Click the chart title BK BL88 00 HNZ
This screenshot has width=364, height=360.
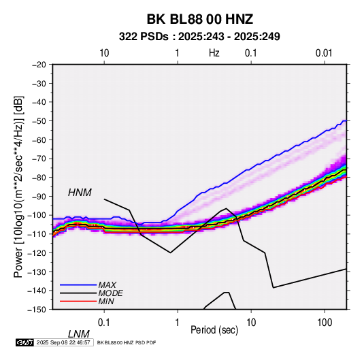pos(199,19)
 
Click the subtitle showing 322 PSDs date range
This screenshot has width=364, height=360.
pos(199,37)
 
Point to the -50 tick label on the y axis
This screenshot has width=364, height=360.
pos(39,120)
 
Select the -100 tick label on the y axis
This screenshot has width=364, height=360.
pos(37,215)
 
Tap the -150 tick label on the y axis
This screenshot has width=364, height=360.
pos(37,310)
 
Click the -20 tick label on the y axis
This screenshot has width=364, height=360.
pos(39,65)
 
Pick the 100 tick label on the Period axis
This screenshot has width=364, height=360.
pos(325,323)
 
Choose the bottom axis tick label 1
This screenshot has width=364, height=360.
pos(178,323)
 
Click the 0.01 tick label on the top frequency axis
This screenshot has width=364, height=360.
pos(324,53)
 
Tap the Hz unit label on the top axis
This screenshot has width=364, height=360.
pos(214,53)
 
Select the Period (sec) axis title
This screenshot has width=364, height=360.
pos(214,330)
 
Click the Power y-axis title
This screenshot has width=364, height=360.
pos(19,186)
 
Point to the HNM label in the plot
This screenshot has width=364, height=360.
pos(80,193)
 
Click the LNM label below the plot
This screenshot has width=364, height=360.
pos(79,334)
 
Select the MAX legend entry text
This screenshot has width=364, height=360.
pos(107,285)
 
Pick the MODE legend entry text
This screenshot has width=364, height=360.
pos(110,293)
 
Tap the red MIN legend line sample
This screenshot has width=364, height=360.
pos(78,301)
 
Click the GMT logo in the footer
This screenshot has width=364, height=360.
pos(24,342)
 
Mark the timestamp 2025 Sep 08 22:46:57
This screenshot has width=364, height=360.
pos(63,342)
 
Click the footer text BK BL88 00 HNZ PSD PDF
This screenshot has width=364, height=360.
pos(127,342)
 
